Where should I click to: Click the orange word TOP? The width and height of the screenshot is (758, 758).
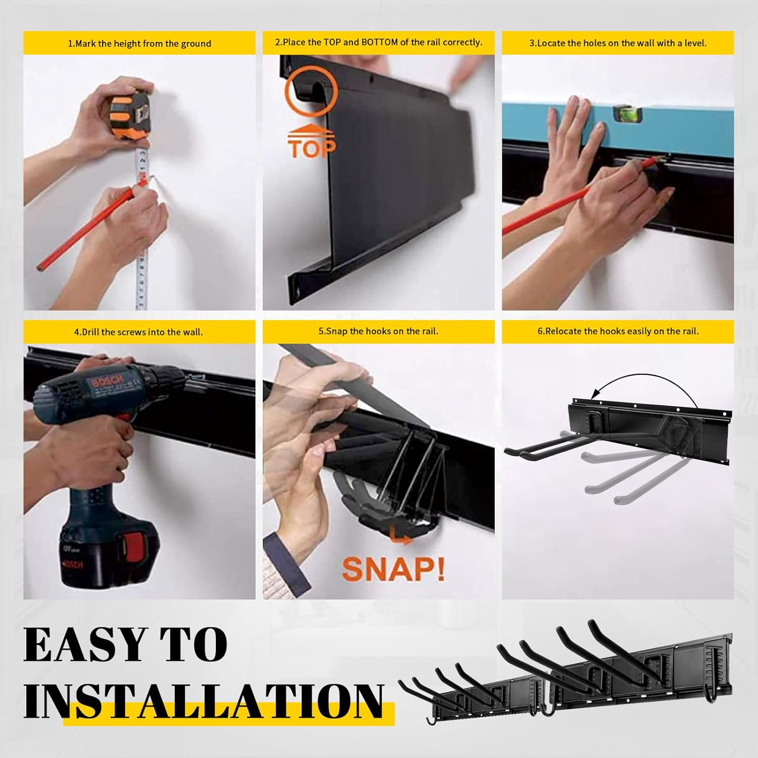pyautogui.click(x=312, y=149)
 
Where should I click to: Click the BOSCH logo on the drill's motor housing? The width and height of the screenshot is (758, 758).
pyautogui.click(x=107, y=382)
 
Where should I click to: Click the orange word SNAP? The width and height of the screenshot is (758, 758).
pyautogui.click(x=394, y=570)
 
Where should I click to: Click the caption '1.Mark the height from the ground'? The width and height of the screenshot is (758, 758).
pyautogui.click(x=139, y=43)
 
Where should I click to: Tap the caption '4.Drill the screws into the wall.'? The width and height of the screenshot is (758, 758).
pyautogui.click(x=138, y=332)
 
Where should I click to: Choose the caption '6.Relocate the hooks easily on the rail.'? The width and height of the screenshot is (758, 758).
pyautogui.click(x=618, y=331)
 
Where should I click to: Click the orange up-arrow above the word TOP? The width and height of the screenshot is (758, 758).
pyautogui.click(x=311, y=131)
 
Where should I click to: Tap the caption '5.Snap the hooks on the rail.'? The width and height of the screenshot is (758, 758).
pyautogui.click(x=378, y=331)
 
